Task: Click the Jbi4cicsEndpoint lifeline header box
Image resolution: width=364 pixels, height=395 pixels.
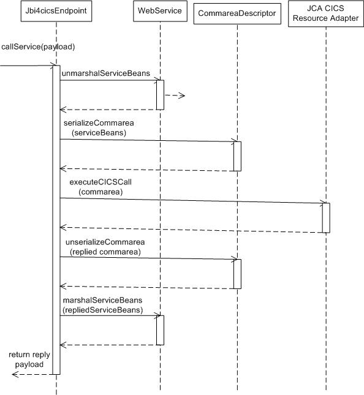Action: point(56,11)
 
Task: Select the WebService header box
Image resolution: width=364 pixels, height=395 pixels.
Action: point(160,11)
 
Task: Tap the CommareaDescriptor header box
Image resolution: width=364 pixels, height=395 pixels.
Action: point(237,13)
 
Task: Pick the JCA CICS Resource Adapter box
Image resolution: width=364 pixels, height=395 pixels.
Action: point(325,13)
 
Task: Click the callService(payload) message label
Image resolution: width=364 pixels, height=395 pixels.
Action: point(39,47)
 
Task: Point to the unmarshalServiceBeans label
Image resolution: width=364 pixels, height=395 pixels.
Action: point(106,73)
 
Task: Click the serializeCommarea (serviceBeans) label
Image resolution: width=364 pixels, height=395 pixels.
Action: point(99,128)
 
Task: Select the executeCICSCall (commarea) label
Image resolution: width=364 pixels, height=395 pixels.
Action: point(100,187)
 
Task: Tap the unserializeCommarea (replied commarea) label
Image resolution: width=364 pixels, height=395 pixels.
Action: point(105,247)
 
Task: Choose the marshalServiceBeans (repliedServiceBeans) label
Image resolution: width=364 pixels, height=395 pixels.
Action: point(103,305)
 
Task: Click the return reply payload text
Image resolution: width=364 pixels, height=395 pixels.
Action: point(29,359)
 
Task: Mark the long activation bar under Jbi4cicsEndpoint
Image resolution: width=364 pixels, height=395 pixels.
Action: point(56,220)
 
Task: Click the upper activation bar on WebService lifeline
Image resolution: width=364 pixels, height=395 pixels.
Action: point(160,95)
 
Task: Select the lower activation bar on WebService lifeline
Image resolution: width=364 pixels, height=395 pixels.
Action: point(160,330)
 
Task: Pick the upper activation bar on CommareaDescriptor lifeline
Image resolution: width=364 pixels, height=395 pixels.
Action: point(237,156)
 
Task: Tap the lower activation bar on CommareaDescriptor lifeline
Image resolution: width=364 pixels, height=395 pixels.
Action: point(237,274)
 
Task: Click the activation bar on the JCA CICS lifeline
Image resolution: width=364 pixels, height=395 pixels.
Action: point(326,217)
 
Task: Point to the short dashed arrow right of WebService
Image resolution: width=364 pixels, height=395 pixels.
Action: point(175,96)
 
